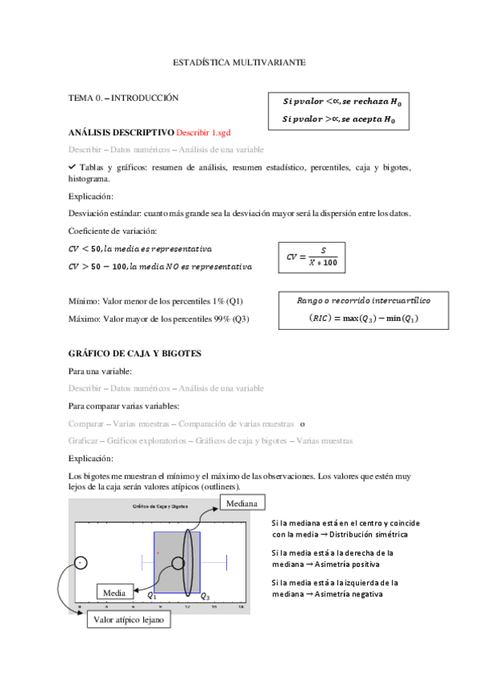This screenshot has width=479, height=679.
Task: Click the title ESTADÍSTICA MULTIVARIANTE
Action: click(239, 62)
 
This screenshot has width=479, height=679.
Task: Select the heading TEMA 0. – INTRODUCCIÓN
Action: click(123, 98)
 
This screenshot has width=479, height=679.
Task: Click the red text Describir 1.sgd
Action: click(209, 132)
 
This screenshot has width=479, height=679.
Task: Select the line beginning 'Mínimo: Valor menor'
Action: click(156, 301)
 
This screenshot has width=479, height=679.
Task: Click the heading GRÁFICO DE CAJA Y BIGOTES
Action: click(134, 353)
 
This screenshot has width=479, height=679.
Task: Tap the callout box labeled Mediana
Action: click(241, 503)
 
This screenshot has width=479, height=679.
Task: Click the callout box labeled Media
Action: click(114, 593)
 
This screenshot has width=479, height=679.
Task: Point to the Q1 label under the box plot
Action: click(152, 597)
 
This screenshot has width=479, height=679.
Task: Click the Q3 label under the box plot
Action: click(206, 597)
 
